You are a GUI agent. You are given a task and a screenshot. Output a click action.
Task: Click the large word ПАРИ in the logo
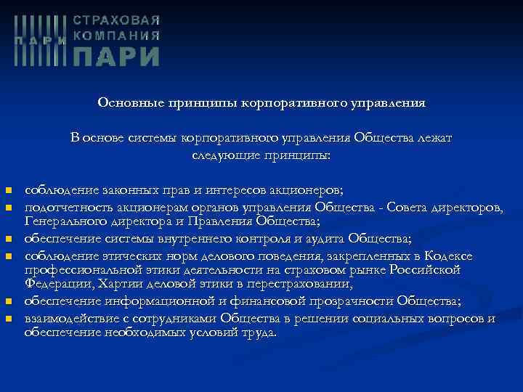pyautogui.click(x=118, y=56)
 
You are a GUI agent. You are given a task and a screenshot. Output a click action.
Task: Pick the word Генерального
pyautogui.click(x=62, y=221)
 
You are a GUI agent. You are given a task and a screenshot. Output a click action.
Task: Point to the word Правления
pyautogui.click(x=218, y=221)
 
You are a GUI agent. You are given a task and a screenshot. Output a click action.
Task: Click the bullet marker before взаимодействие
pyautogui.click(x=9, y=319)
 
